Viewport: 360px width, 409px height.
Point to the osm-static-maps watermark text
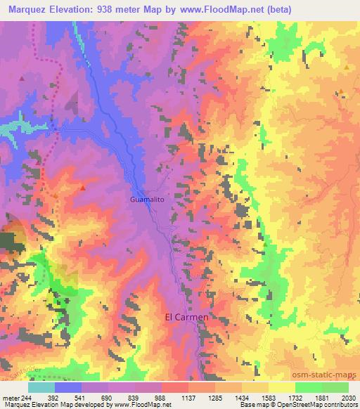pyautogui.click(x=327, y=373)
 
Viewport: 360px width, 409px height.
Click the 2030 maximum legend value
pyautogui.click(x=349, y=398)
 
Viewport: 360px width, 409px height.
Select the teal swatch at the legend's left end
pyautogui.click(x=41, y=387)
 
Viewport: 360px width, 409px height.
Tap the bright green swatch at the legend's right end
pyautogui.click(x=335, y=387)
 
